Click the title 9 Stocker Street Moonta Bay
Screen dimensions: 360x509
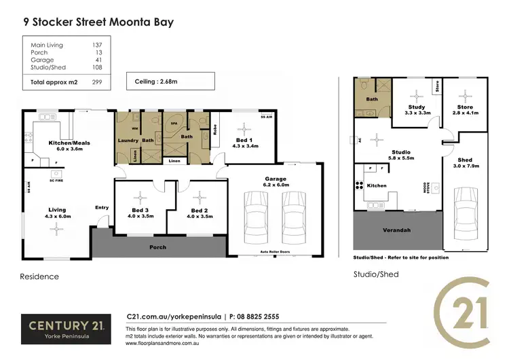pyautogui.click(x=98, y=22)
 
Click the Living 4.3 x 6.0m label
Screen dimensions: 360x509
pyautogui.click(x=57, y=214)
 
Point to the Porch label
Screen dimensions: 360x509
pyautogui.click(x=157, y=247)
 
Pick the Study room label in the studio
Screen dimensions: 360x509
pyautogui.click(x=417, y=107)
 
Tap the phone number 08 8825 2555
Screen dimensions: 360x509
pyautogui.click(x=256, y=317)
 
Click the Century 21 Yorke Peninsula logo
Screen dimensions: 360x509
pyautogui.click(x=64, y=329)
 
